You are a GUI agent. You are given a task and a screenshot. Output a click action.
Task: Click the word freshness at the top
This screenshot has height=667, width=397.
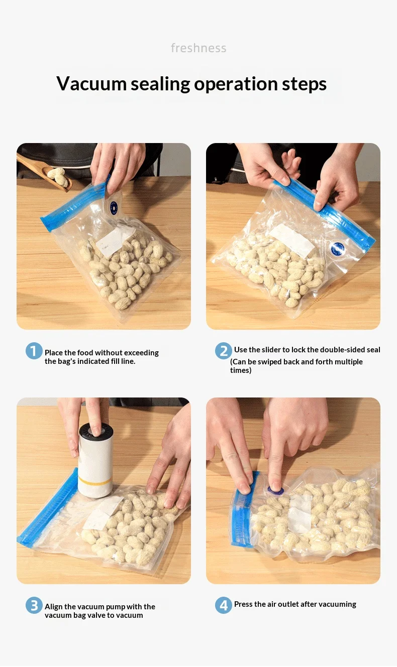(x=198, y=48)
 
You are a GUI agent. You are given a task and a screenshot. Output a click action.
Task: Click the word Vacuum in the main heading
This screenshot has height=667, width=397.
(x=91, y=84)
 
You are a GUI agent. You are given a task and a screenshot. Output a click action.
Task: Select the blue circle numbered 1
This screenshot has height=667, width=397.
(x=34, y=350)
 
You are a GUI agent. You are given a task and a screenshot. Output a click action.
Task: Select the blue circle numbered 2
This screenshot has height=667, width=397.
(x=223, y=350)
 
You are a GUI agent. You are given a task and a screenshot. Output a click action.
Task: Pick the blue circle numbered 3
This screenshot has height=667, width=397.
(x=34, y=605)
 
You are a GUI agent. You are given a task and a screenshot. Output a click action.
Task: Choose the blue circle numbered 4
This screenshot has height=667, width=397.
(x=223, y=605)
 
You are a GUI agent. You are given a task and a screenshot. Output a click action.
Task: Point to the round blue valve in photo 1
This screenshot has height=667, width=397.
(x=114, y=208)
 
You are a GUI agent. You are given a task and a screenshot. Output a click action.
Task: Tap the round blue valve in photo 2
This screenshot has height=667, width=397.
(x=338, y=248)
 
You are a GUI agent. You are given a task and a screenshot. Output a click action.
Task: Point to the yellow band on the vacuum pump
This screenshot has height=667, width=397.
(x=96, y=480)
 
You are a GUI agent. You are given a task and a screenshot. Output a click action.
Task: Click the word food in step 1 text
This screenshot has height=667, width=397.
(x=85, y=352)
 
